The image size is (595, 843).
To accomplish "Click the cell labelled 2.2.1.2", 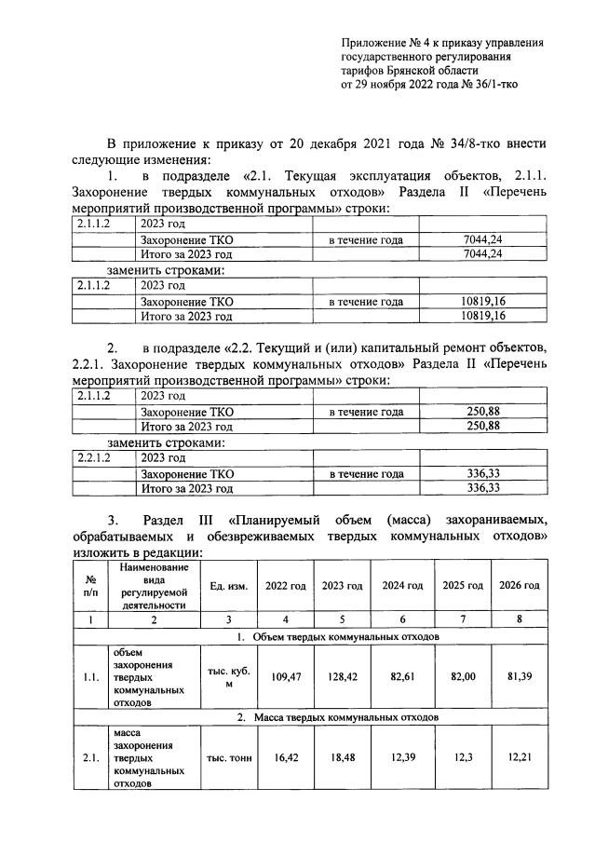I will [x=92, y=458].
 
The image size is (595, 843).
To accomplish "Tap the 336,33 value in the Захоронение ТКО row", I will [x=482, y=473].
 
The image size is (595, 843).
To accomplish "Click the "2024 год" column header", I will [x=402, y=585].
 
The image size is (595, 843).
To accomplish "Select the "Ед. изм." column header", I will [x=228, y=586].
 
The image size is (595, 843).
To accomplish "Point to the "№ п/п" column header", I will [x=89, y=585].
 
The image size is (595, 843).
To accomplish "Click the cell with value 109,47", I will [x=284, y=678].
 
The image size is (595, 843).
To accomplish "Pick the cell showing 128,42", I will [x=342, y=678].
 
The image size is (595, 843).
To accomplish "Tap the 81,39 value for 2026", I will [x=518, y=678].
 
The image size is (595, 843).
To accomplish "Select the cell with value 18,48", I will [x=342, y=758].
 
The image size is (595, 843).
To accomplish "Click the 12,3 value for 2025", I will [x=461, y=758].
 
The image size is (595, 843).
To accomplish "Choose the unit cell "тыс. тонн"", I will [x=228, y=758].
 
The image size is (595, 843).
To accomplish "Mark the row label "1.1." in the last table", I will [x=89, y=678].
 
